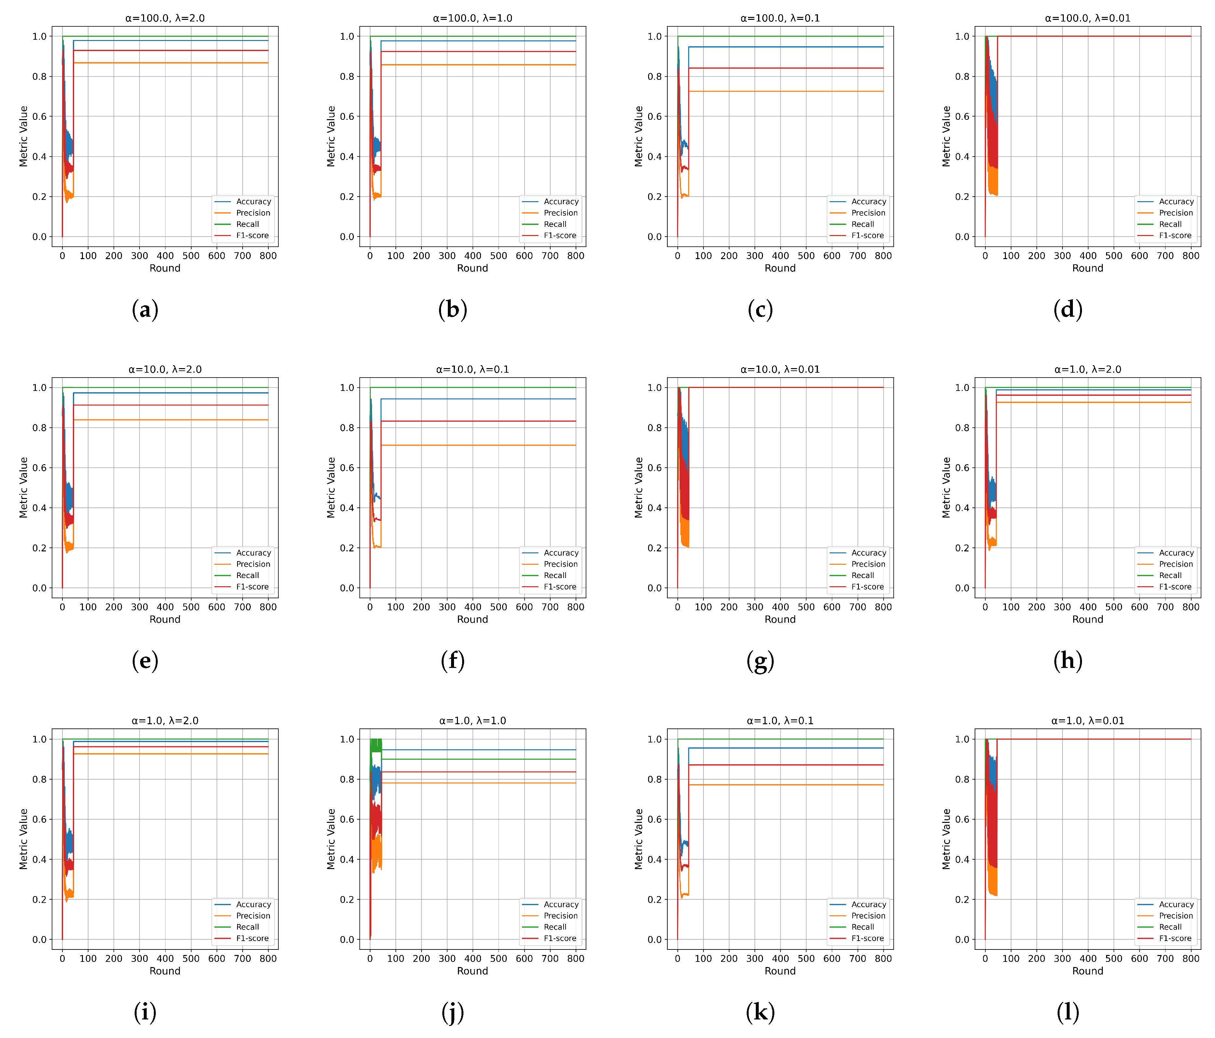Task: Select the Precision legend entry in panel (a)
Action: coord(253,213)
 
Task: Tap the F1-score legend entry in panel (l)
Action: coord(1175,938)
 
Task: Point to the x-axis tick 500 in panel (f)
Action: coord(499,607)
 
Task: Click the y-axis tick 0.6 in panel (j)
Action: coord(347,819)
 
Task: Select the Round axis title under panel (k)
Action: coord(780,971)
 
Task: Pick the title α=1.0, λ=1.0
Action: coord(473,721)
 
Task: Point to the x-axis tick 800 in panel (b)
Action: coord(575,256)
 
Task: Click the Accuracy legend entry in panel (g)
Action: coord(868,553)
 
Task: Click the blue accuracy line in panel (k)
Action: coord(786,748)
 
